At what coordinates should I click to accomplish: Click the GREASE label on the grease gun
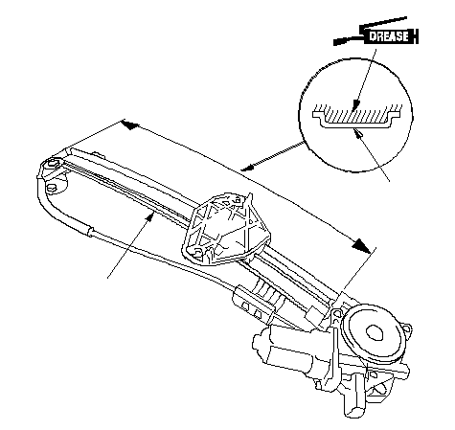point(389,36)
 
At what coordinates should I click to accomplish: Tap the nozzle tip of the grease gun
point(336,42)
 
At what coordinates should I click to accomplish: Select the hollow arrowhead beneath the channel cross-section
point(358,132)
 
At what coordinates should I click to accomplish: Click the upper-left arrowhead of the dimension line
point(130,124)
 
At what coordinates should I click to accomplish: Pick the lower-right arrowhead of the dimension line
point(361,245)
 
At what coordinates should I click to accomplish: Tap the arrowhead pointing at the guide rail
point(150,218)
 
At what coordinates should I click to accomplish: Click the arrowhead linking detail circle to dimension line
point(246,168)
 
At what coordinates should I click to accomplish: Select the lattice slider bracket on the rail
point(226,228)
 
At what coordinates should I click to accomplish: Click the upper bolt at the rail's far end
point(52,164)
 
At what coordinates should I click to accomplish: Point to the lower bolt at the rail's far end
point(51,188)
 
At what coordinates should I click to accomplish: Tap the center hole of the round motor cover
point(374,333)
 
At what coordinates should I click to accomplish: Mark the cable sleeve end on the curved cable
point(89,231)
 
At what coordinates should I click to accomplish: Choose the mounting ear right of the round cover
point(406,328)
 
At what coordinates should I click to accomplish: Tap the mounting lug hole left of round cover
point(335,316)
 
